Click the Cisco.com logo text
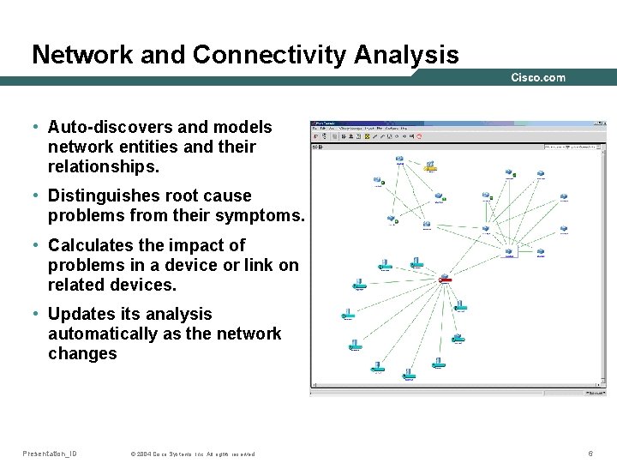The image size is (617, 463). pos(538,77)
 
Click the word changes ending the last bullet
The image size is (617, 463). pos(82,353)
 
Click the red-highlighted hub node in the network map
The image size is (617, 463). pos(445,280)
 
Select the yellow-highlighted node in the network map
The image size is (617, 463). pos(429,169)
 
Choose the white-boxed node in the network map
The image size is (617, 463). pos(510,253)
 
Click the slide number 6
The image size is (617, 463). pos(590,453)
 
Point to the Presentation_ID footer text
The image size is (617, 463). pos(50,453)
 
